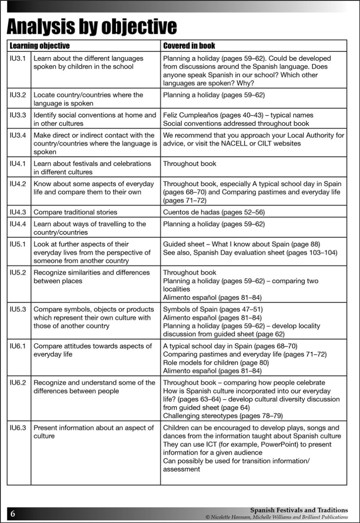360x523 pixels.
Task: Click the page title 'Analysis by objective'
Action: tap(92, 27)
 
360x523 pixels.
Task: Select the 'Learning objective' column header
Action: tap(40, 46)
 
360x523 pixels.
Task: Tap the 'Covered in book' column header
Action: tap(189, 46)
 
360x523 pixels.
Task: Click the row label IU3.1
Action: tap(18, 58)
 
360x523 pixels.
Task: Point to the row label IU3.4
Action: tap(18, 135)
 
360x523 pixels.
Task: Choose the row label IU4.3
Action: tap(18, 213)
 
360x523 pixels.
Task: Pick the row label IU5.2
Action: tap(18, 273)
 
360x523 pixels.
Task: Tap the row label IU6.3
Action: tap(18, 428)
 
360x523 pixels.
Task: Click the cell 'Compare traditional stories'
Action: tap(76, 213)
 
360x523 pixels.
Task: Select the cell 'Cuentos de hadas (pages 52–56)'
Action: tap(214, 213)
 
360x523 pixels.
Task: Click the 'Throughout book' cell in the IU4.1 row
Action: tap(190, 163)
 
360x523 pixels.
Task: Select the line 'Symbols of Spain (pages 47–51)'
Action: tap(213, 310)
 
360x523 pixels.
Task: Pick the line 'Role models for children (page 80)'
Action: tap(216, 363)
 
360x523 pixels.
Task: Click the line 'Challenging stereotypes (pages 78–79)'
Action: tap(223, 416)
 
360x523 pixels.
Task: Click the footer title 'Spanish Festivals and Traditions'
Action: tap(299, 510)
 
